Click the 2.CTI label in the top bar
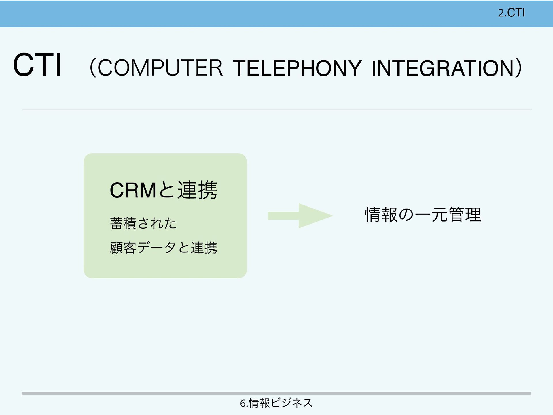(x=511, y=13)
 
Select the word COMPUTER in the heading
(x=160, y=68)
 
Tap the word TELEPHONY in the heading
(x=297, y=68)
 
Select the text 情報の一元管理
(x=423, y=215)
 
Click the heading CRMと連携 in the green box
(x=163, y=190)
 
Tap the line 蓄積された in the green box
(x=143, y=223)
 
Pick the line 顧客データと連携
(x=163, y=248)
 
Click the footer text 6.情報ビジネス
(x=276, y=403)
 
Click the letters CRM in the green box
(x=133, y=191)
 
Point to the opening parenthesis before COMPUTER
(x=93, y=68)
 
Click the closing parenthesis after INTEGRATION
(x=518, y=68)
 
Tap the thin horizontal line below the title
(x=276, y=110)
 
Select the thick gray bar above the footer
(x=276, y=393)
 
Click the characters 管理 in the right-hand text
(x=465, y=215)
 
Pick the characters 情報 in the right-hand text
(x=381, y=215)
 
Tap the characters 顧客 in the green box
(x=123, y=248)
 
